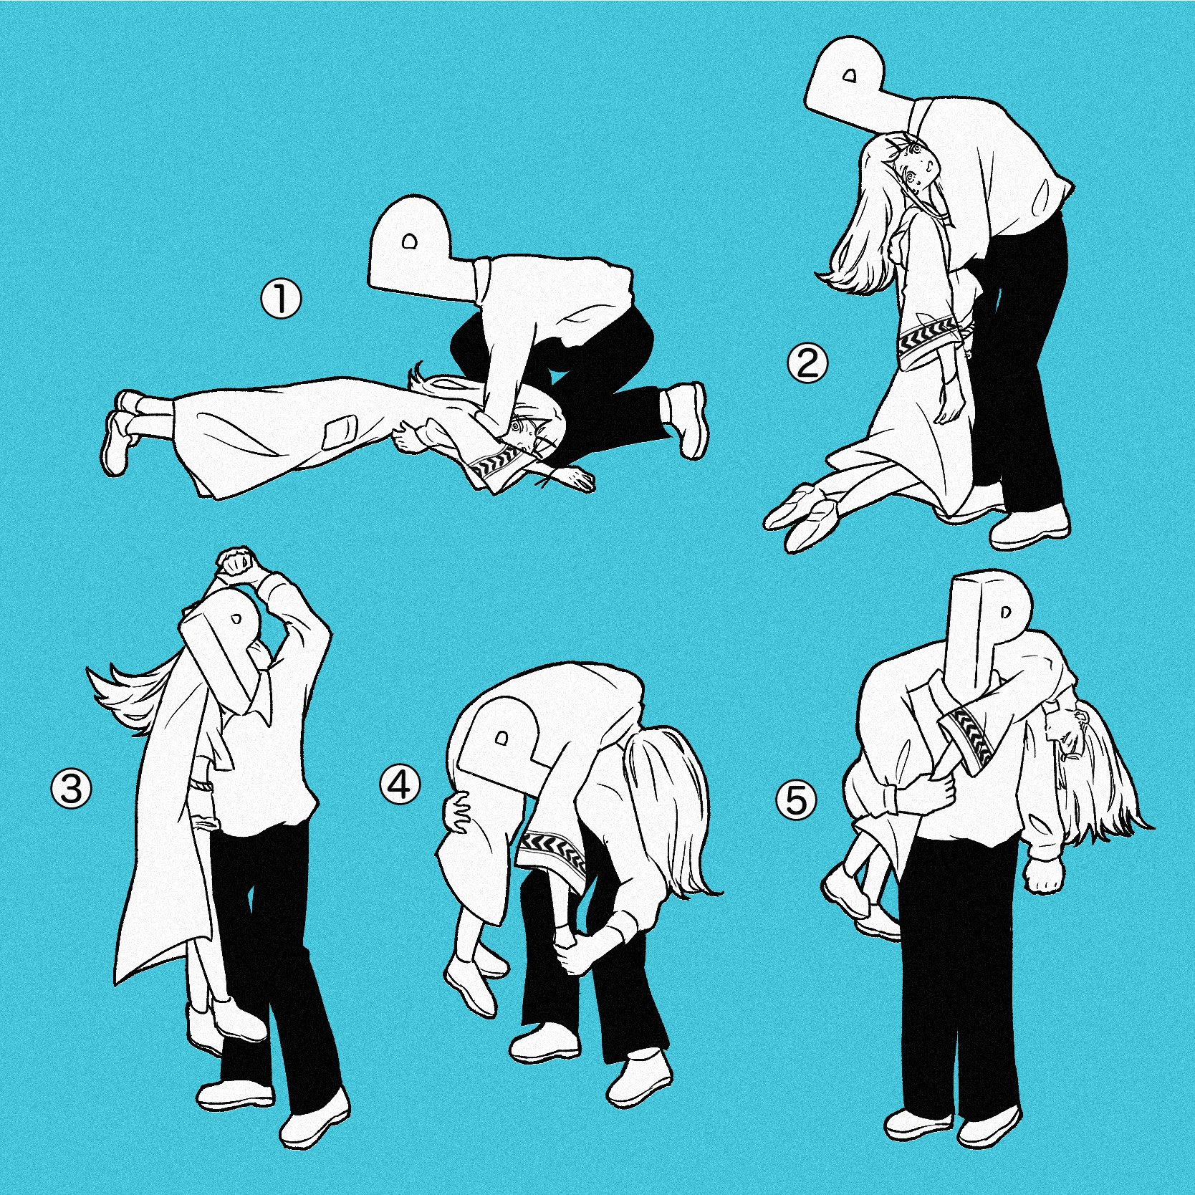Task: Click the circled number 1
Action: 280,299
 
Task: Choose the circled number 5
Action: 797,800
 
